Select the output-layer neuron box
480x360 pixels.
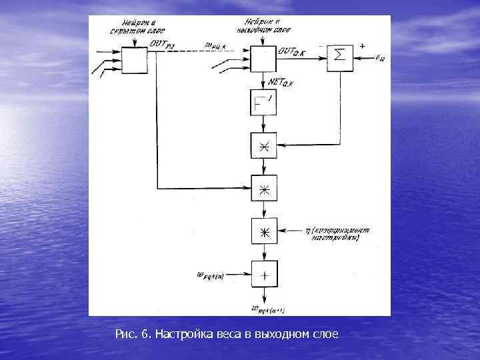click(x=264, y=59)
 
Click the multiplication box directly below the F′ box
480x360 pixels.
click(x=264, y=147)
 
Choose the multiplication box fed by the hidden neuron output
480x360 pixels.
click(x=264, y=189)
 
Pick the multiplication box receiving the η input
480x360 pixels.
click(x=264, y=231)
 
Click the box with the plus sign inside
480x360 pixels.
click(x=264, y=273)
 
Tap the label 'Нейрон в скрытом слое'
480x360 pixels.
click(x=137, y=27)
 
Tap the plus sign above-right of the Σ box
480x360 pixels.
click(x=362, y=45)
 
